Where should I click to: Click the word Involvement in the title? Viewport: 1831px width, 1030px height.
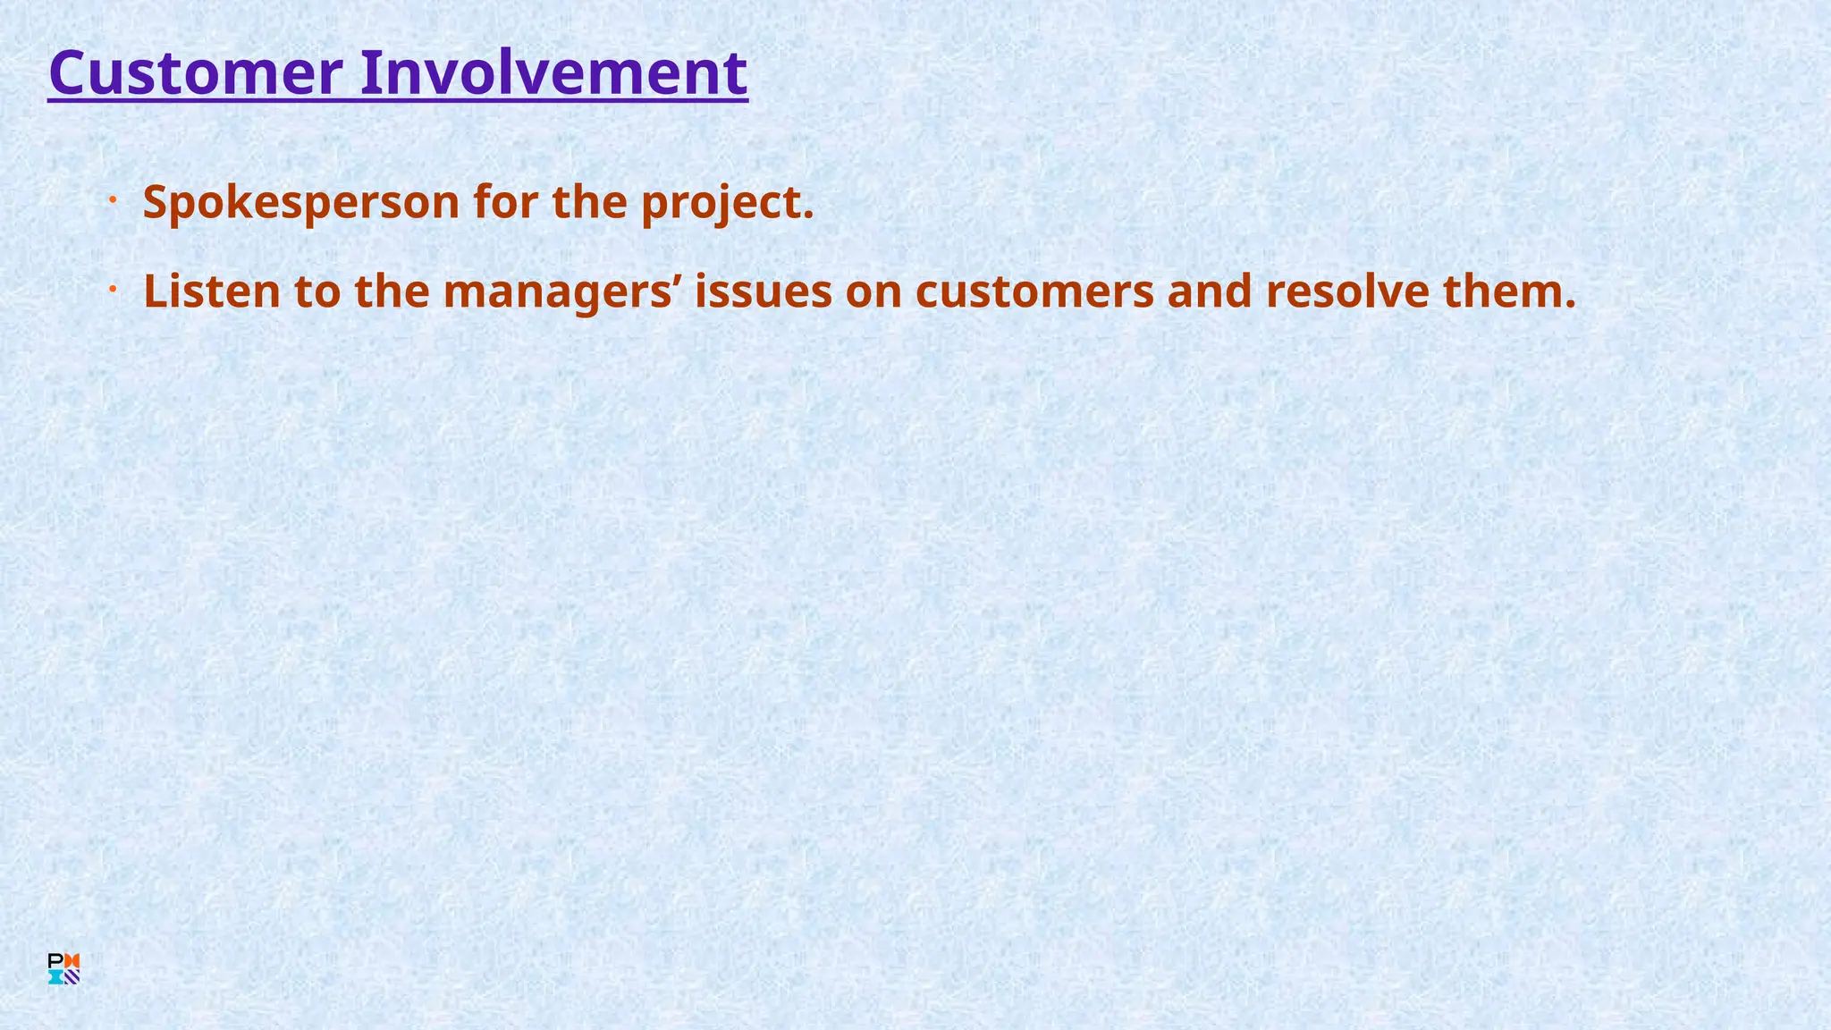point(553,73)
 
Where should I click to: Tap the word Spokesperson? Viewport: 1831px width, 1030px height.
point(301,203)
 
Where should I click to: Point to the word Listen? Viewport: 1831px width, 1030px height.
point(212,291)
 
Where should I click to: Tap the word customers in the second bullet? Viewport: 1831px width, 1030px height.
point(1034,291)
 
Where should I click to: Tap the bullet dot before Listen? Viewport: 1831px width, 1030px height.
point(114,289)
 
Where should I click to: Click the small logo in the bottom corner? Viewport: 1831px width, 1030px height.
point(63,969)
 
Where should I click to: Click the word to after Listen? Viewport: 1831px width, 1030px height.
point(317,291)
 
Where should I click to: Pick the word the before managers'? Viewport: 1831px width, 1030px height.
point(392,291)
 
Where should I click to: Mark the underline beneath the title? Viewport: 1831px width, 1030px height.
point(398,101)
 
